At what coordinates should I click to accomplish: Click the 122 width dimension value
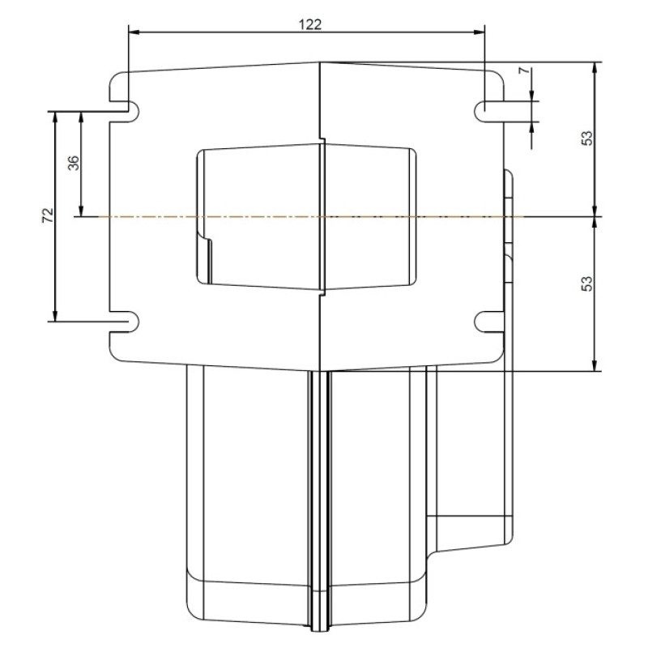coord(310,24)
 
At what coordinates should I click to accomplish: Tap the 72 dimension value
coord(48,215)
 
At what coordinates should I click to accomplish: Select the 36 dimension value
coord(73,163)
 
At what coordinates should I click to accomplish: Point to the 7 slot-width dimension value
coord(523,70)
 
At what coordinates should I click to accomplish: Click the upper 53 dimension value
coord(586,138)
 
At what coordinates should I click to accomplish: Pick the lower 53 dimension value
coord(586,283)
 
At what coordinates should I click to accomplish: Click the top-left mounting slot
coord(125,111)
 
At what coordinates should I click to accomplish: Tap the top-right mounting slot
coord(489,111)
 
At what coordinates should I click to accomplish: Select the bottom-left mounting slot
coord(125,321)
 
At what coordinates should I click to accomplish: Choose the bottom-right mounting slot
coord(489,321)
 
